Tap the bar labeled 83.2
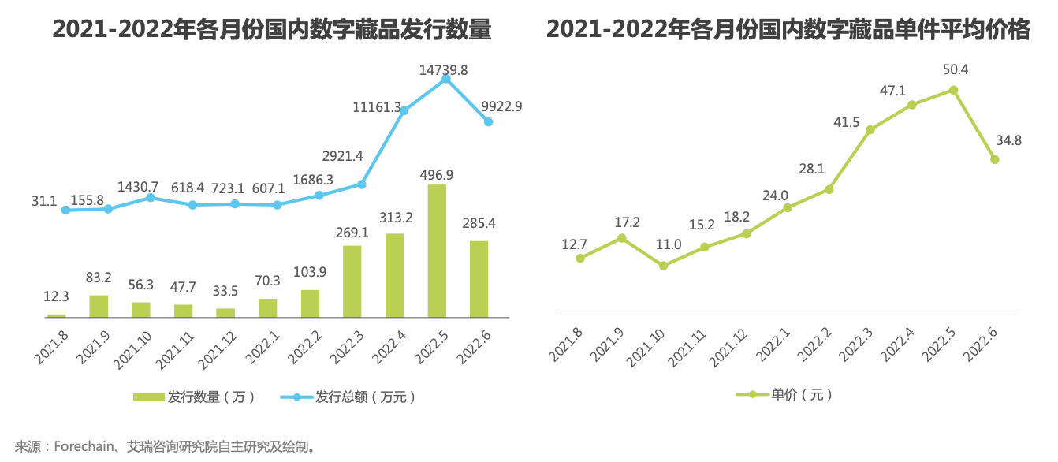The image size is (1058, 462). pos(99,306)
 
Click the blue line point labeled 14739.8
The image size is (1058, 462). pos(445,78)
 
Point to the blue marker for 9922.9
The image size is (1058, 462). pos(488,122)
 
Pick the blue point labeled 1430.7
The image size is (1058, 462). pos(150,198)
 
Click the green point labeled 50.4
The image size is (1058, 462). pos(953,90)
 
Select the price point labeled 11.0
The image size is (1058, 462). pos(663,266)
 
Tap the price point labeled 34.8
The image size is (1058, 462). pos(995,159)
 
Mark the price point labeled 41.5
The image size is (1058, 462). pos(870,129)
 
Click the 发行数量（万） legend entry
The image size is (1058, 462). pos(195,397)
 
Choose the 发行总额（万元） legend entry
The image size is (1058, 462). pos(347,397)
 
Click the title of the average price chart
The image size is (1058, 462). pos(788,30)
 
